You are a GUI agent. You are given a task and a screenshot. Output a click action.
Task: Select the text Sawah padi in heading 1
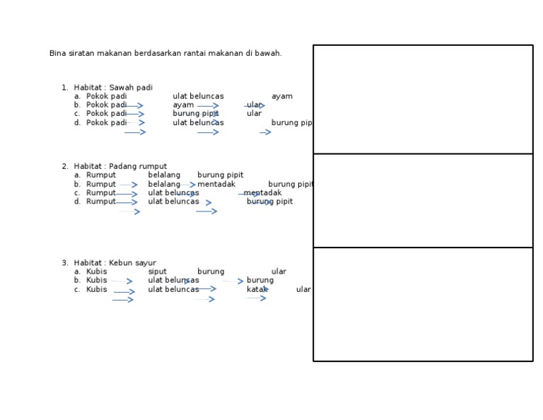click(x=131, y=88)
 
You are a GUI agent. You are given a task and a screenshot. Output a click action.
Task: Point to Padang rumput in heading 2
click(x=138, y=167)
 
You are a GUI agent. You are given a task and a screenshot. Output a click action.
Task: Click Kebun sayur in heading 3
click(x=133, y=263)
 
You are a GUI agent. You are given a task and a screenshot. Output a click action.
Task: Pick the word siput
click(x=157, y=272)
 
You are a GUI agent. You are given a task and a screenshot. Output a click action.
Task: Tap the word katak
click(x=257, y=289)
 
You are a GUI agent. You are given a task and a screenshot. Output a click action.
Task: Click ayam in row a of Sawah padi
click(x=282, y=97)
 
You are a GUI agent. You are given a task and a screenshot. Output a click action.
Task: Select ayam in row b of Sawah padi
click(x=183, y=105)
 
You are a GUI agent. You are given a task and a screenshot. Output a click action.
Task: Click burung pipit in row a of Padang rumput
click(x=221, y=175)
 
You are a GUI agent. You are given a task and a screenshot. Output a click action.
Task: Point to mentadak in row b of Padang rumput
click(x=216, y=185)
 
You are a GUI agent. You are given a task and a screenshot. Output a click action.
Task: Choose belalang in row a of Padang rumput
click(x=164, y=175)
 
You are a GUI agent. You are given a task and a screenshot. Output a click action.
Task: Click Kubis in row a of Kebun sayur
click(x=97, y=272)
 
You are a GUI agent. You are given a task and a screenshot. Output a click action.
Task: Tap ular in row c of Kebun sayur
click(x=303, y=289)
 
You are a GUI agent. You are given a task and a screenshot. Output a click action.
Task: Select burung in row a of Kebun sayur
click(x=211, y=272)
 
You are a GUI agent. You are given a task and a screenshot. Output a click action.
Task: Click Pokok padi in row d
click(x=106, y=123)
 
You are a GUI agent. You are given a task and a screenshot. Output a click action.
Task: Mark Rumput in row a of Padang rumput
click(x=101, y=175)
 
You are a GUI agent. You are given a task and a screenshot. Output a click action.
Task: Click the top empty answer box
click(x=423, y=100)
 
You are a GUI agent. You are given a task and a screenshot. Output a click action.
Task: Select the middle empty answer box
click(x=423, y=201)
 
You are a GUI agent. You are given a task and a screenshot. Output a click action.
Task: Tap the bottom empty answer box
click(x=423, y=304)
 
